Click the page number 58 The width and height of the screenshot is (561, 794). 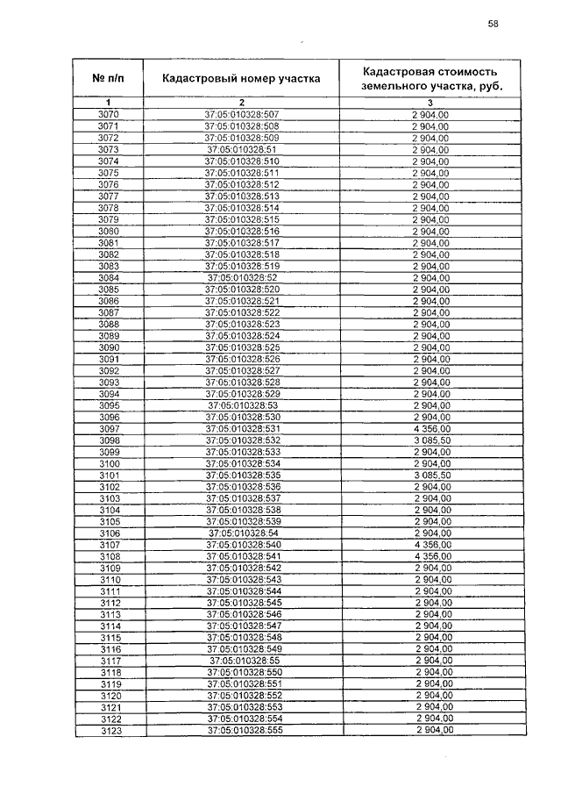[x=493, y=24]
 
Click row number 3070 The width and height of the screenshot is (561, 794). [x=109, y=115]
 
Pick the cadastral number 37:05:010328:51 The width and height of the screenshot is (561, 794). [x=241, y=150]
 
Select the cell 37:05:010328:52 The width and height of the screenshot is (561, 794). [x=241, y=277]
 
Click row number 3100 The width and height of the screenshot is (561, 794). [x=109, y=463]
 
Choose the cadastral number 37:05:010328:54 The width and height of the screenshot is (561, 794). [x=243, y=533]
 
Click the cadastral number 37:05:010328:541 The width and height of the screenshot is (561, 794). [x=243, y=556]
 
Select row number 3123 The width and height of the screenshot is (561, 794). [x=110, y=730]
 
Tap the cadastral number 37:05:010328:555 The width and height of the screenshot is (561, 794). [x=244, y=730]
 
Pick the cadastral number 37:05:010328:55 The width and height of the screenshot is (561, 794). [x=244, y=660]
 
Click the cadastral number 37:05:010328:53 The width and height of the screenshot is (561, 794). [x=242, y=404]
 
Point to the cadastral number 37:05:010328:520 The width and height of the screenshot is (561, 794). [x=241, y=289]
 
